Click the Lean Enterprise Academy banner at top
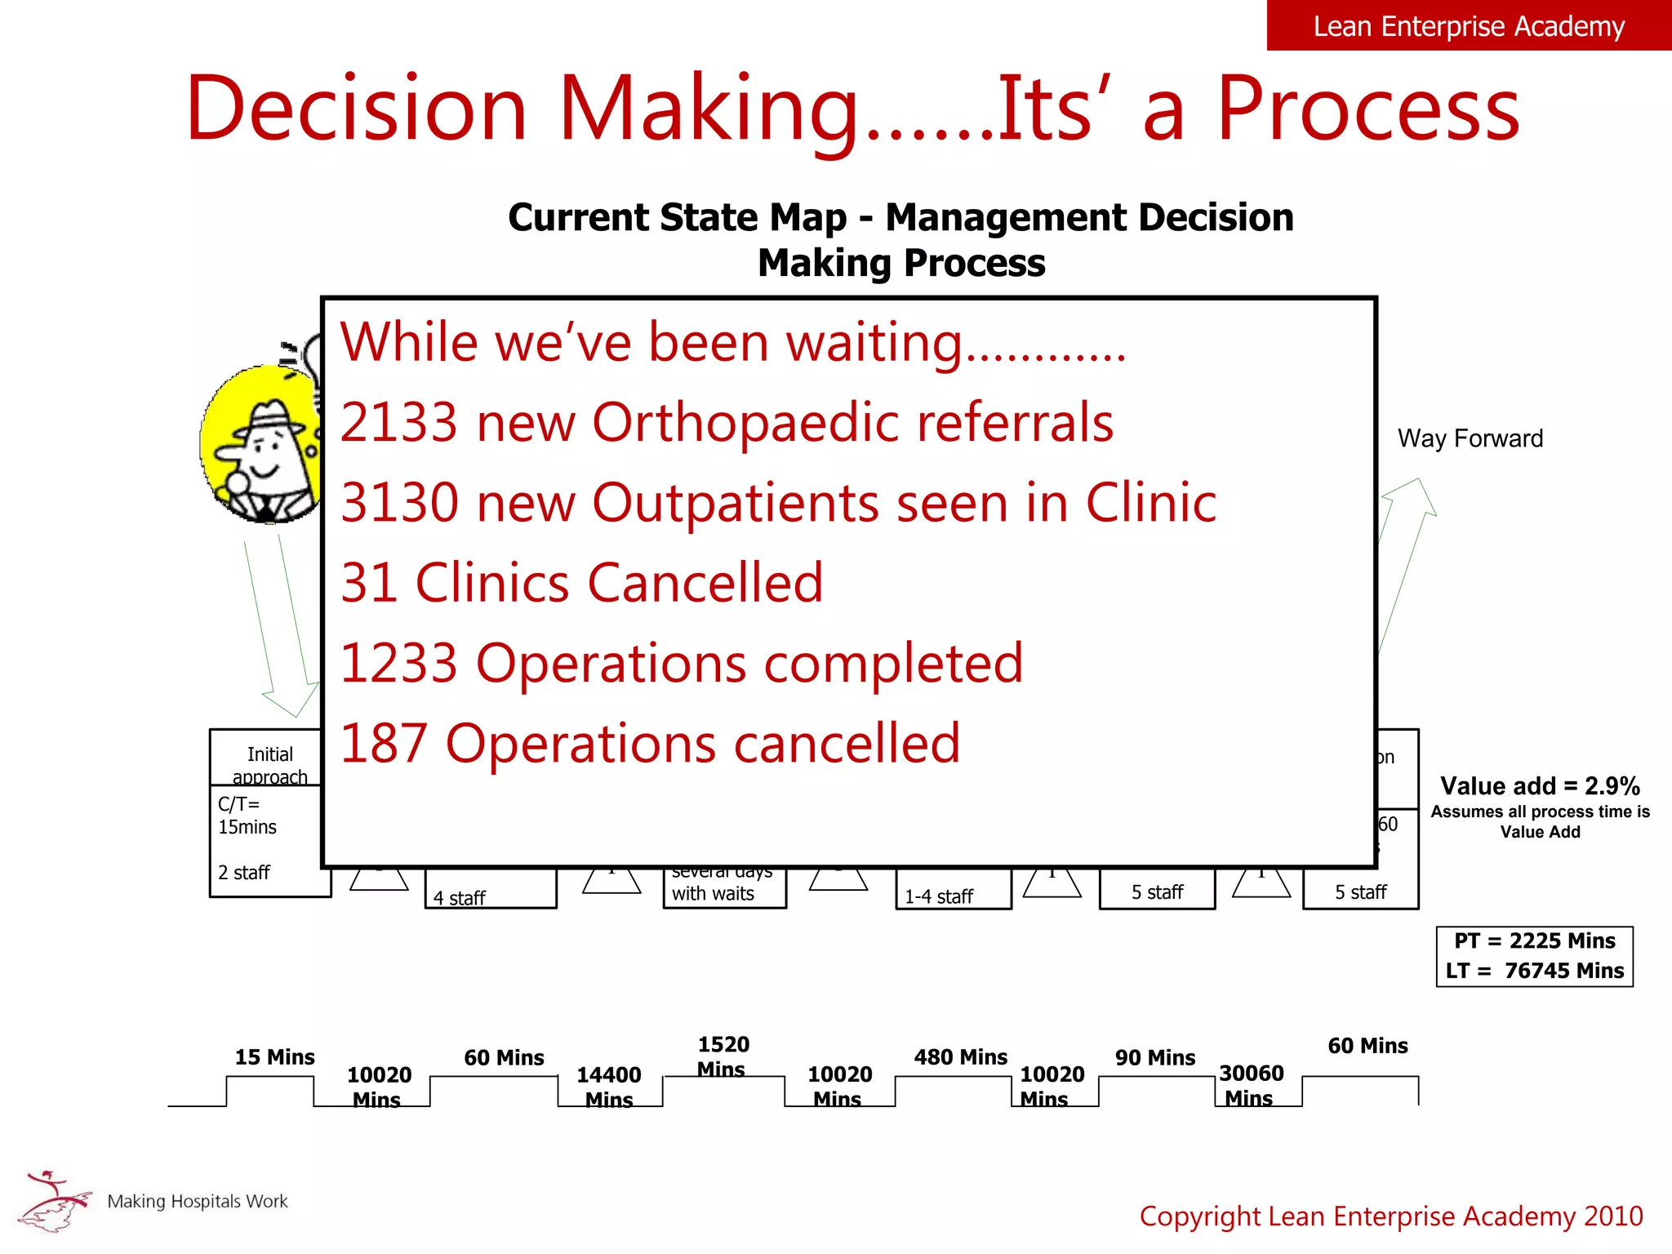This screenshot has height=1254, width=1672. pyautogui.click(x=1469, y=26)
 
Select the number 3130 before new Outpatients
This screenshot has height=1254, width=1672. pyautogui.click(x=399, y=503)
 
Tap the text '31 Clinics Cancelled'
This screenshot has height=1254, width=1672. pyautogui.click(x=581, y=583)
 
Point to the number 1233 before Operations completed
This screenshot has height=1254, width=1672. pyautogui.click(x=398, y=663)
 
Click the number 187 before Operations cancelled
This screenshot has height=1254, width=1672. pyautogui.click(x=384, y=743)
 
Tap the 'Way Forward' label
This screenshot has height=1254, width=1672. pyautogui.click(x=1470, y=438)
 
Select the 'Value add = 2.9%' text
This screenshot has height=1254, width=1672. pyautogui.click(x=1540, y=785)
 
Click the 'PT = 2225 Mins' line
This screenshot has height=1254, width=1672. pyautogui.click(x=1534, y=940)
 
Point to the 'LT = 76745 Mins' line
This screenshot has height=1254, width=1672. pyautogui.click(x=1534, y=971)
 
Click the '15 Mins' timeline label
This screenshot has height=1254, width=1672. pyautogui.click(x=274, y=1057)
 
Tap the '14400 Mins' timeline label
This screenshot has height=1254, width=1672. pyautogui.click(x=609, y=1087)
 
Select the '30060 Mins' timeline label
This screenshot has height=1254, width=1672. pyautogui.click(x=1251, y=1085)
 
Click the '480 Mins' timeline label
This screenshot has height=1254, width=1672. pyautogui.click(x=960, y=1057)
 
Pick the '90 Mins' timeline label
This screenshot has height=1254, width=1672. pyautogui.click(x=1154, y=1058)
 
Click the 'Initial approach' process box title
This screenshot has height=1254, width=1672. pyautogui.click(x=270, y=764)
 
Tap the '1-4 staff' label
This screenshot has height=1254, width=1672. pyautogui.click(x=939, y=896)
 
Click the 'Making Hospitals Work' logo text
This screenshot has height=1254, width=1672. pyautogui.click(x=198, y=1201)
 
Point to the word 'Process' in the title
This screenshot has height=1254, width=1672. pyautogui.click(x=1368, y=109)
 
